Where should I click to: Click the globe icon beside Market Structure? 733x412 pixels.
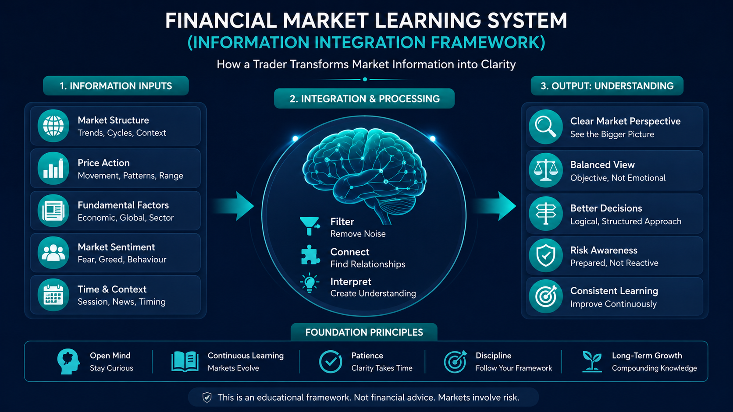click(x=53, y=126)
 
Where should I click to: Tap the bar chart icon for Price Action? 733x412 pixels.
click(x=53, y=168)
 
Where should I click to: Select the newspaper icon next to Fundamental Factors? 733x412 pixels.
click(x=53, y=211)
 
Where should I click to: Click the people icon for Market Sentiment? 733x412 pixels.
click(x=53, y=253)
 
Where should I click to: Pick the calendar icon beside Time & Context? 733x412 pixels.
click(x=53, y=295)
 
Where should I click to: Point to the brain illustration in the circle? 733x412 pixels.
click(x=364, y=175)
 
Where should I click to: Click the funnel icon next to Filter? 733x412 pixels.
click(x=310, y=226)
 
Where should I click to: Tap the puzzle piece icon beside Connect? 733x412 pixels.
click(x=310, y=255)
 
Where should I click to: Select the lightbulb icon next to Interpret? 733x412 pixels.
click(x=310, y=283)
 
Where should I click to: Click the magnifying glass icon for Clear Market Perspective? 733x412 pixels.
click(x=545, y=127)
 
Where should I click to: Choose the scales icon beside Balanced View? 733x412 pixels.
click(x=545, y=170)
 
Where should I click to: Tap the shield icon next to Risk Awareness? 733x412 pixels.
click(x=545, y=255)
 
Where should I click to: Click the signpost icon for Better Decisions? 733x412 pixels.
click(x=545, y=214)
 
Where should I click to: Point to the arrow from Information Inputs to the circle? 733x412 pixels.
click(x=233, y=206)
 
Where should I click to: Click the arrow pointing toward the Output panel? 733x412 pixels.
click(x=494, y=206)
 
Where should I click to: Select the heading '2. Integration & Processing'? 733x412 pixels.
click(x=365, y=99)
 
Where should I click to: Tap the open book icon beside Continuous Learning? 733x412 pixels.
click(x=185, y=362)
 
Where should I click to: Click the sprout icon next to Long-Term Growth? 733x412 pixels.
click(x=592, y=362)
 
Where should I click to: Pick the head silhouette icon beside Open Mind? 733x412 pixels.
click(x=68, y=361)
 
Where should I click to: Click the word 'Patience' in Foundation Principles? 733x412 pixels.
click(x=367, y=356)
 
